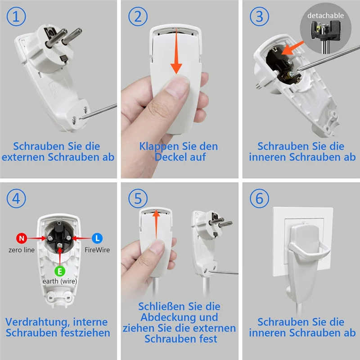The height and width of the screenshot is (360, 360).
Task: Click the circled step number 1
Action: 16,17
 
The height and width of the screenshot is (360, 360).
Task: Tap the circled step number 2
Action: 138,17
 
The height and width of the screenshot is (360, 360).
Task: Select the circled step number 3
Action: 260,17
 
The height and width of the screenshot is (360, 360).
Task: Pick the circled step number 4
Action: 16,198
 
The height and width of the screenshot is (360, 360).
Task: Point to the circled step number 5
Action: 138,198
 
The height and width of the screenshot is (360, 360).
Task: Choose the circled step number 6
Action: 260,198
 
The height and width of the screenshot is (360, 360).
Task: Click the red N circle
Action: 22,238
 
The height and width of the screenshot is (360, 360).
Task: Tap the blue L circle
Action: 97,238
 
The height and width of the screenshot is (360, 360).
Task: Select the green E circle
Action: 60,271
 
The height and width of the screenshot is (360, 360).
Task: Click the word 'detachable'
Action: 325,16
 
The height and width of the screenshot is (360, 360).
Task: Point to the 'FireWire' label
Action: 97,250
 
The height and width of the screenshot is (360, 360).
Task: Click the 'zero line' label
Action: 22,250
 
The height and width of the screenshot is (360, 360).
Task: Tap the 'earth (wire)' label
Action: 60,281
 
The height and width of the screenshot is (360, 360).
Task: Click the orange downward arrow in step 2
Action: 176,51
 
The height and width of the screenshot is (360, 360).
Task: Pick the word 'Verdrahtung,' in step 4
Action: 37,322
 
